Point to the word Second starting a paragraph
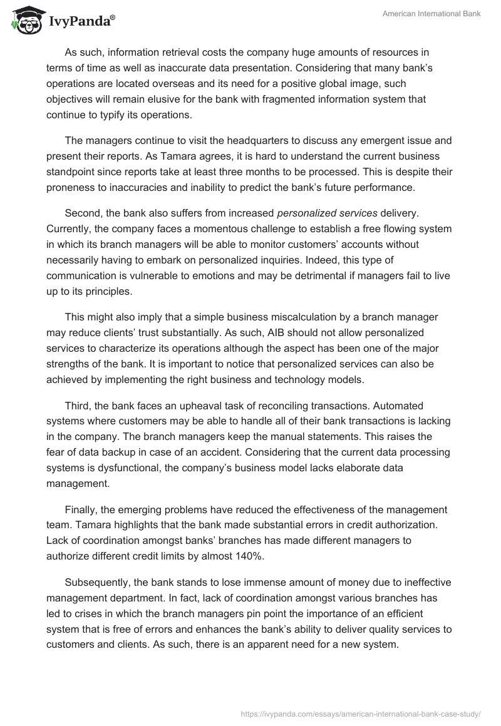[x=83, y=213]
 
